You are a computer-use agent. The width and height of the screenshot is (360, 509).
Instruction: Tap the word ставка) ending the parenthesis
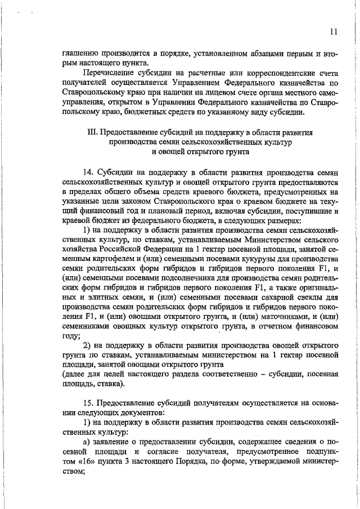point(110,384)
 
